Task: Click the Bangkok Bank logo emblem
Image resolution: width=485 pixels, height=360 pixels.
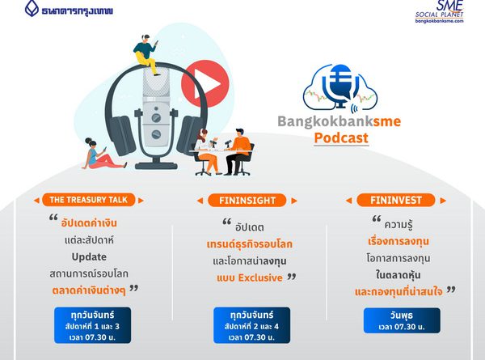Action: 32,8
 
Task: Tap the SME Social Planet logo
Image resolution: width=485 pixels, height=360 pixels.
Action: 439,11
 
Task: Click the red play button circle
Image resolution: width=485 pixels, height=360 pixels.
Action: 205,84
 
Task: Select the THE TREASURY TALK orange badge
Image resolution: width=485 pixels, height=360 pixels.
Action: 88,200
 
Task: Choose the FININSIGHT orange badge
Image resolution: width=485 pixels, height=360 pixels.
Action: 247,201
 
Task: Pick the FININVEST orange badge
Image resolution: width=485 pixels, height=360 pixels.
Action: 395,200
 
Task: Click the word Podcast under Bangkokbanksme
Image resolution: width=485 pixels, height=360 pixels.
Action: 341,138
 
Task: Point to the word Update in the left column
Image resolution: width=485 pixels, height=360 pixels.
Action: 89,257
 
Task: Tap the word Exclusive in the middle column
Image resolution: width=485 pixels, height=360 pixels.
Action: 260,277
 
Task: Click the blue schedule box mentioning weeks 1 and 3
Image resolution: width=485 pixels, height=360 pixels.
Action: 92,325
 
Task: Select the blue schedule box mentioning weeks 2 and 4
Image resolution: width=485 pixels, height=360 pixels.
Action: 251,325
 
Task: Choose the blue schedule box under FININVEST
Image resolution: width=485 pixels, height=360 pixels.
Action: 402,320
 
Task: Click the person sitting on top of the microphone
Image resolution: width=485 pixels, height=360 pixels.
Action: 146,54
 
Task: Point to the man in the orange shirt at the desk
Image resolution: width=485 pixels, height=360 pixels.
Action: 238,151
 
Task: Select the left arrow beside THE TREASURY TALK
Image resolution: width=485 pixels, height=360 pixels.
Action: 36,201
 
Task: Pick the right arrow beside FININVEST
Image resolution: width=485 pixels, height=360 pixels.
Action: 443,201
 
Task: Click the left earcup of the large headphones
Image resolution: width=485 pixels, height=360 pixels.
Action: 122,134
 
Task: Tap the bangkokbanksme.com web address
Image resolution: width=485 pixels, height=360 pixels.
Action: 439,21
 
